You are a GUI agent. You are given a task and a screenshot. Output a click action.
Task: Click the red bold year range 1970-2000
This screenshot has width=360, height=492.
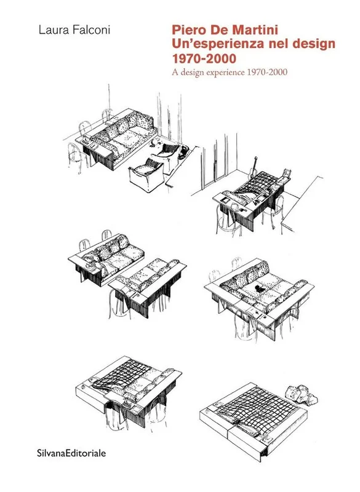click(204, 59)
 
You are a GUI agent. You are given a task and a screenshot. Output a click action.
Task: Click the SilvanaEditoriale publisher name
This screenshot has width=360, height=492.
click(71, 453)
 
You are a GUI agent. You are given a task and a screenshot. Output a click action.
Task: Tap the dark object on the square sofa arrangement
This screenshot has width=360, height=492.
click(260, 288)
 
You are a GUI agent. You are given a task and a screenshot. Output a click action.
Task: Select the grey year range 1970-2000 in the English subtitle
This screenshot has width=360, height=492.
click(267, 73)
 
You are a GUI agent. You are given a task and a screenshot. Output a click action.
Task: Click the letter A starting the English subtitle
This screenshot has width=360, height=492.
click(174, 73)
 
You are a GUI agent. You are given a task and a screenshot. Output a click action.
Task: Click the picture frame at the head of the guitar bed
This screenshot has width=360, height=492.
click(287, 173)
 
